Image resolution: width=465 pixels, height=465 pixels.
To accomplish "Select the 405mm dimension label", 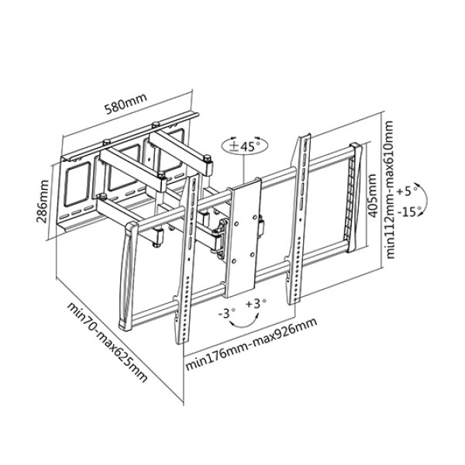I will [x=373, y=195].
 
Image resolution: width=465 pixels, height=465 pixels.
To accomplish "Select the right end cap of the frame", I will [x=355, y=198].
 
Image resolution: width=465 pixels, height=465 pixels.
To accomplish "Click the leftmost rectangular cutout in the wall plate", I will [x=77, y=186].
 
